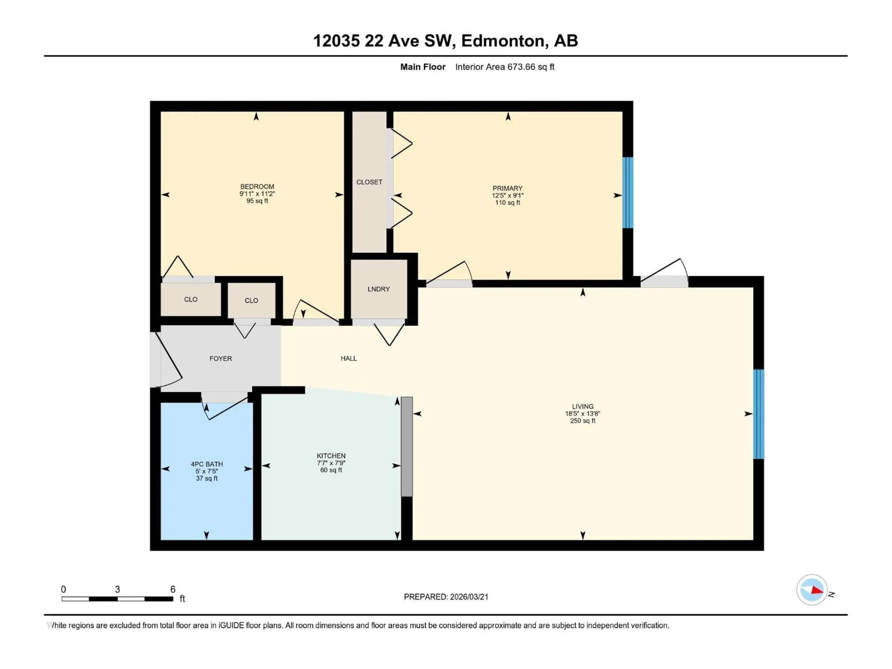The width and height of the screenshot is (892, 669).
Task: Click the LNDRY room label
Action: tap(378, 289)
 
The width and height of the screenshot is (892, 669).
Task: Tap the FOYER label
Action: tap(221, 358)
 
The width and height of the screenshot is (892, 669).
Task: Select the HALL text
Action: tap(348, 358)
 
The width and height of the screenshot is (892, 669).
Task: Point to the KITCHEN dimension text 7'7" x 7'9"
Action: tap(331, 463)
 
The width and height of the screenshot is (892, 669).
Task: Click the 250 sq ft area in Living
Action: tap(582, 421)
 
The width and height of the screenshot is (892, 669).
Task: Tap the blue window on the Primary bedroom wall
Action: tap(627, 193)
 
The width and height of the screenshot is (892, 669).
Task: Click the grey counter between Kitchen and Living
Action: tap(407, 446)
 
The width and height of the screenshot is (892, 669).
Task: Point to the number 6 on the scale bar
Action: tap(173, 589)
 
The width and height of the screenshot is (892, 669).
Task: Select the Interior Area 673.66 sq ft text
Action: tap(505, 67)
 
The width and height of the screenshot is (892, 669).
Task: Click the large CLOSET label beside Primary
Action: tap(369, 182)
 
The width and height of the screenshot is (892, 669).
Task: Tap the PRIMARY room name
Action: tap(507, 188)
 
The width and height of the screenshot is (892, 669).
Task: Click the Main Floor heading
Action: tap(423, 67)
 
